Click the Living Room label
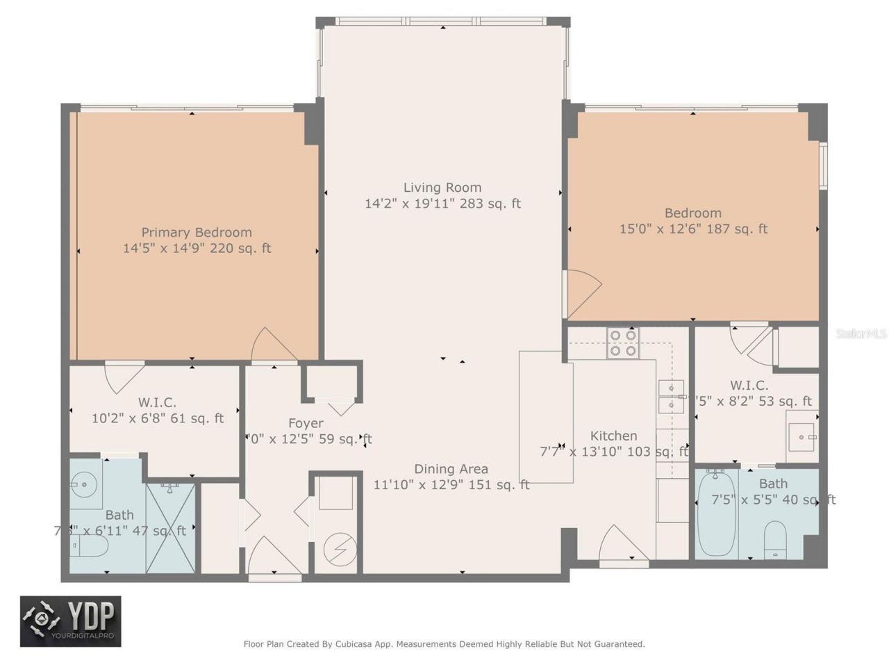pyautogui.click(x=442, y=188)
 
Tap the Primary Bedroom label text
pyautogui.click(x=197, y=233)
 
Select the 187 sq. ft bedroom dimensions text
pyautogui.click(x=692, y=229)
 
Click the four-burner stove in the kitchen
pyautogui.click(x=622, y=343)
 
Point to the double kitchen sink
pyautogui.click(x=671, y=396)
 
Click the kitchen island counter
pyautogui.click(x=546, y=416)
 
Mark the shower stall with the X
pyautogui.click(x=170, y=528)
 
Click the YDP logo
pyautogui.click(x=70, y=620)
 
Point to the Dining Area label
pyautogui.click(x=451, y=469)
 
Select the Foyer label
pyautogui.click(x=306, y=423)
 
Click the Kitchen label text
pyautogui.click(x=613, y=436)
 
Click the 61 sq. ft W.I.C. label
pyautogui.click(x=157, y=402)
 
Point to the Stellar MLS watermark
pyautogui.click(x=861, y=334)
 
